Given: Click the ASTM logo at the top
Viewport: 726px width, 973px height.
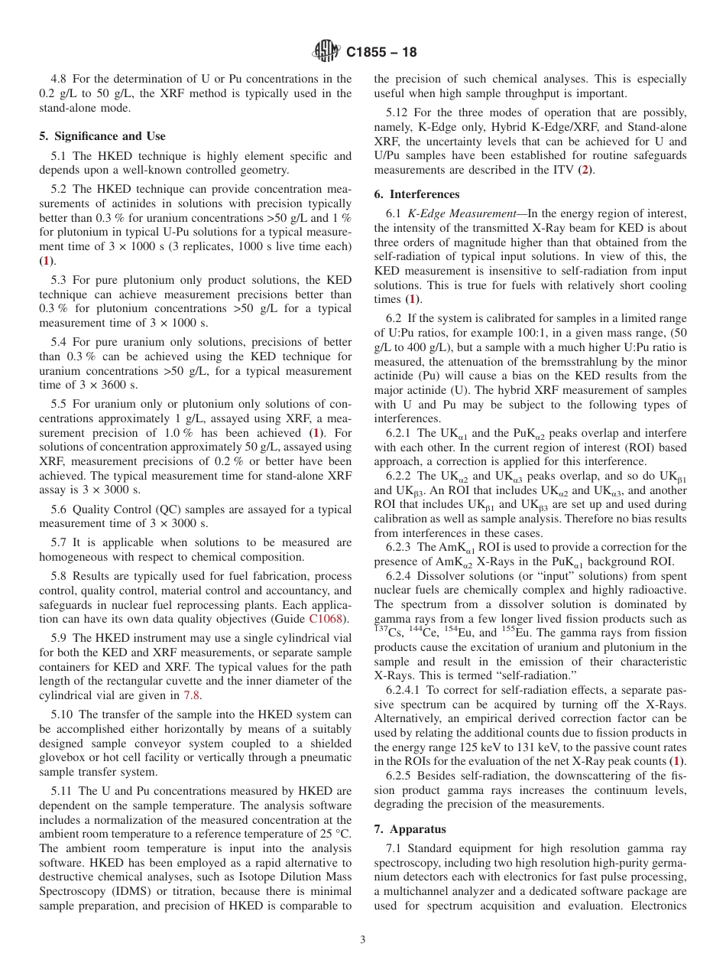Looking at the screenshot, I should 328,52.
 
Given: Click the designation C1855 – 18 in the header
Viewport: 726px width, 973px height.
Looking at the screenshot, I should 381,53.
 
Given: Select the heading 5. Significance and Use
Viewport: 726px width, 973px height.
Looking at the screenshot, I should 102,136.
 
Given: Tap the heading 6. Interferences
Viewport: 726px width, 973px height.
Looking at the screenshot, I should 416,194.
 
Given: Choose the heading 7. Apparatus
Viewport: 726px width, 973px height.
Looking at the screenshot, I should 410,829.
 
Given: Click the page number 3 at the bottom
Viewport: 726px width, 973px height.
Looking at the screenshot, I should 363,940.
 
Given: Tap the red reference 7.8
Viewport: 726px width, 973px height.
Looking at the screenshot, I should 192,695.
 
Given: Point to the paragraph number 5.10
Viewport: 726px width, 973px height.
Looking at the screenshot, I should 64,714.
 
